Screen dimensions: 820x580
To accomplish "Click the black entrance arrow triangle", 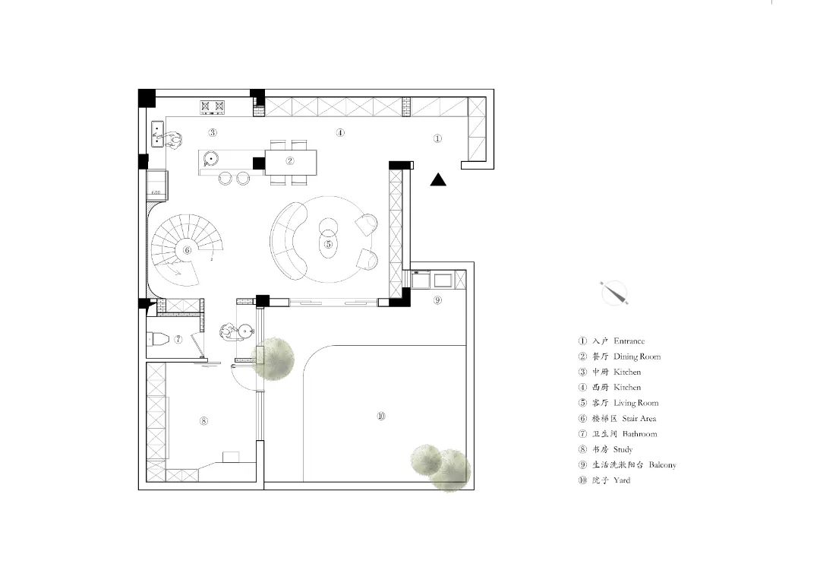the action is [x=438, y=180].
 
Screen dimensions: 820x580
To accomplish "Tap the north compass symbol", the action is [x=614, y=293].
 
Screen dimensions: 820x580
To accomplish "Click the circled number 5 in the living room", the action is [x=329, y=244].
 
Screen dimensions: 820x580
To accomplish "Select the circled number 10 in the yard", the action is [x=381, y=416].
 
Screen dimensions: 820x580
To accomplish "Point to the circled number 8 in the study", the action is [x=204, y=421].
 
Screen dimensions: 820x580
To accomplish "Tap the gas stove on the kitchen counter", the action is [x=213, y=107].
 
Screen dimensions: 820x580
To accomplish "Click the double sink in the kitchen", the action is [x=157, y=134].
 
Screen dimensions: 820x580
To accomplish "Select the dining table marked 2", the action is [x=291, y=162].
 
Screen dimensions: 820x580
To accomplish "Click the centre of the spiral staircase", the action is [x=187, y=250].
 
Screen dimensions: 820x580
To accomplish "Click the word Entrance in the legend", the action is [x=629, y=341].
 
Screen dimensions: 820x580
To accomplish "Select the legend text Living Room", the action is [x=636, y=403].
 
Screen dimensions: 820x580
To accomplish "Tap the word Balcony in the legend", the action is [x=663, y=465].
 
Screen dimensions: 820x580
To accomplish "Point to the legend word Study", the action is [x=623, y=450].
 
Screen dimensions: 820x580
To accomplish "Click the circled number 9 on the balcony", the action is [x=438, y=300].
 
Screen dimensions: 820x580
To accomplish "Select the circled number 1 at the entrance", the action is [x=438, y=138].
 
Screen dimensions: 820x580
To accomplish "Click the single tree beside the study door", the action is [x=273, y=359].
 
